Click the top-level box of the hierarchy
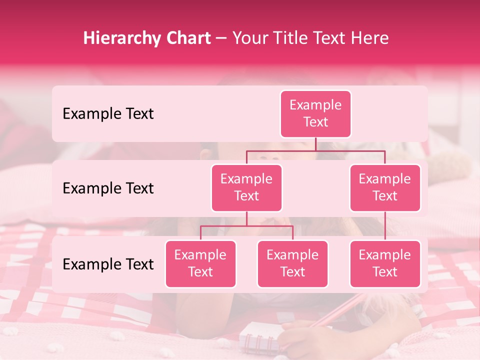pyautogui.click(x=315, y=113)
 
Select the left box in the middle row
pyautogui.click(x=246, y=187)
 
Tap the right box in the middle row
pyautogui.click(x=385, y=187)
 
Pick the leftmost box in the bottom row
pyautogui.click(x=200, y=263)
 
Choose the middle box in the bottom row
pyautogui.click(x=292, y=263)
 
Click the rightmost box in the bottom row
pyautogui.click(x=385, y=263)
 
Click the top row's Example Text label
pyautogui.click(x=108, y=113)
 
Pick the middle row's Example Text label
pyautogui.click(x=108, y=188)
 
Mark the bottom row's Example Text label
pyautogui.click(x=108, y=264)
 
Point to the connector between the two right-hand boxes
pyautogui.click(x=385, y=226)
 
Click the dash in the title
pyautogui.click(x=221, y=38)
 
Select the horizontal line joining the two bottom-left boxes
pyautogui.click(x=246, y=226)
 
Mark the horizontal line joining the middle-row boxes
pyautogui.click(x=315, y=150)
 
